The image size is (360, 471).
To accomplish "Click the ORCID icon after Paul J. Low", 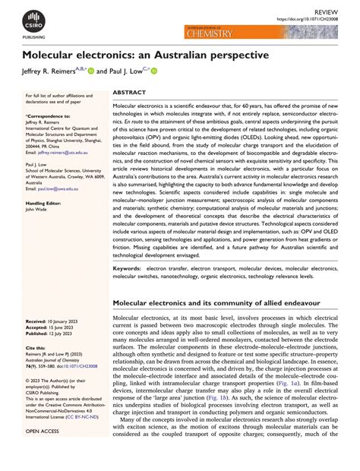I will pos(154,71).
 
